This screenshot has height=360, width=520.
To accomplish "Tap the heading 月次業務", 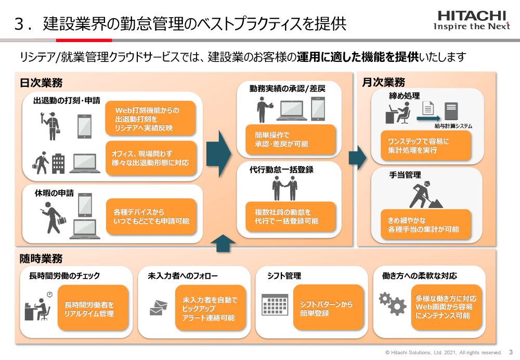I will coord(383,83).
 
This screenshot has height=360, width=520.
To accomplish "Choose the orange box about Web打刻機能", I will coord(150,119).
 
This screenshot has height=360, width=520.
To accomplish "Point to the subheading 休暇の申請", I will coord(54,193).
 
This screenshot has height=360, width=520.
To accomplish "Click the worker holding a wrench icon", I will coord(51,125).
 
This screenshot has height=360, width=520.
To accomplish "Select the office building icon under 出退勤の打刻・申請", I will coord(58,163).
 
